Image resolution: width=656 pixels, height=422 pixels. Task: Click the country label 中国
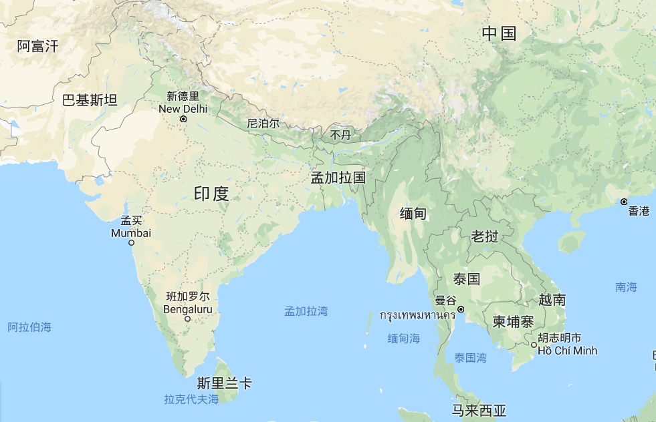pos(500,33)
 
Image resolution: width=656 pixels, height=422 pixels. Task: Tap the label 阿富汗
pos(38,46)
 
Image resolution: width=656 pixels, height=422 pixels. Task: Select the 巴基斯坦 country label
pos(90,100)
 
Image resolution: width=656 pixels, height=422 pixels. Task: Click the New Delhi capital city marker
pos(183,120)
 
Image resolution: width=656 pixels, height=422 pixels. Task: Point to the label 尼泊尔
pos(263,124)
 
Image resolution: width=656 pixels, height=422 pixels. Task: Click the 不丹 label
pos(340,136)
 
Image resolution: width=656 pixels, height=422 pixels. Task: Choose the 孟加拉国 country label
pos(338,178)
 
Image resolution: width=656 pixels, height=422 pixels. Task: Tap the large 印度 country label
pos(211,194)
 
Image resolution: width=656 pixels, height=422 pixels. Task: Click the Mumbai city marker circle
pos(131,242)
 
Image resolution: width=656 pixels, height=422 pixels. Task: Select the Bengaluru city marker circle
pos(187,319)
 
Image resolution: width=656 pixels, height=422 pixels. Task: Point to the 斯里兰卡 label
pos(225,383)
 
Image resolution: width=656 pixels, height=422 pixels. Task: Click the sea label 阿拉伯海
pos(29,327)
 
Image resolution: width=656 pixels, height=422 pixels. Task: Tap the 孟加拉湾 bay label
pos(306,311)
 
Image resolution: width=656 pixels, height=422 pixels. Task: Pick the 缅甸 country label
pos(413,214)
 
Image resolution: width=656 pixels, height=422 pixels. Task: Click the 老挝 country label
pos(485,236)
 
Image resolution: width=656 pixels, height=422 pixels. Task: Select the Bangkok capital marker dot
pos(461,309)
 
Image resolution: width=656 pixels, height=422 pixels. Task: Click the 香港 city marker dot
pos(623,202)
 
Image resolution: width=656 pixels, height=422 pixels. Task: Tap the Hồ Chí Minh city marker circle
pos(534,345)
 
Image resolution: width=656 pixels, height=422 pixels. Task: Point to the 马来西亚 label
pos(479,410)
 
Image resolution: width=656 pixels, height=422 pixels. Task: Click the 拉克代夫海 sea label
pos(191,399)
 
